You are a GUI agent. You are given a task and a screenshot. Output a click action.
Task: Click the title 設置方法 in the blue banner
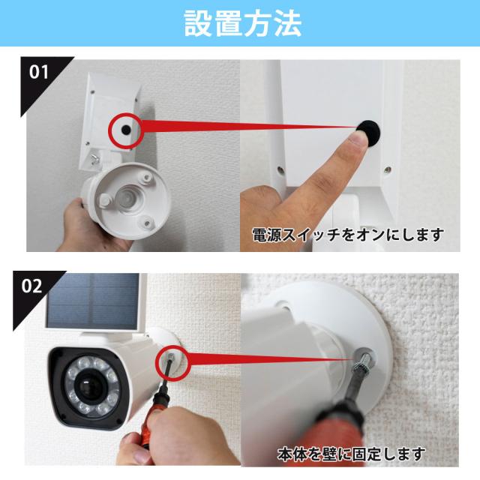(240, 24)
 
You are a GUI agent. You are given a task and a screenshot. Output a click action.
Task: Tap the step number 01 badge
(40, 73)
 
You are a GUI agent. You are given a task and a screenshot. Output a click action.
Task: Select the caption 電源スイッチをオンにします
(347, 235)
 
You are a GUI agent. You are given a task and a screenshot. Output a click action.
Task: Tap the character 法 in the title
(286, 24)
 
